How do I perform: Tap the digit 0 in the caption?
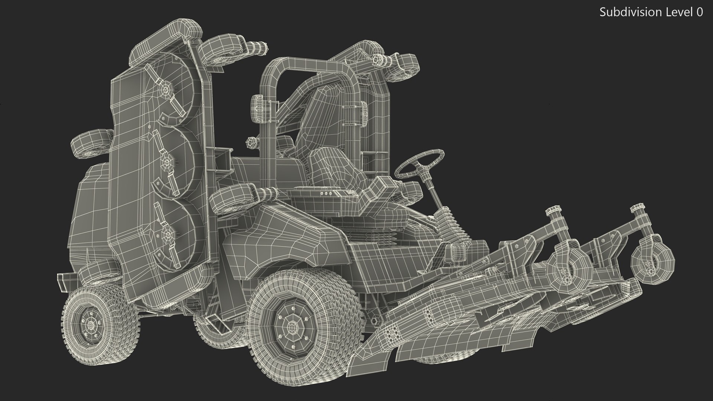tap(699, 12)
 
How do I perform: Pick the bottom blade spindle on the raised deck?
tap(166, 235)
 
